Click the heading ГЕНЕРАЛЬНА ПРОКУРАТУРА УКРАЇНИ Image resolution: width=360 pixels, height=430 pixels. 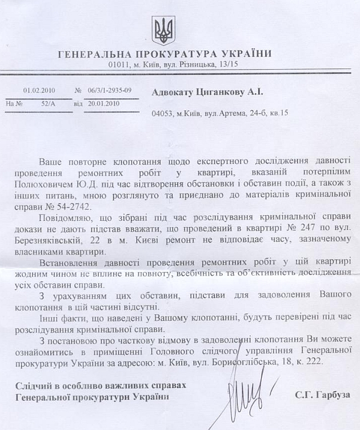click(x=165, y=54)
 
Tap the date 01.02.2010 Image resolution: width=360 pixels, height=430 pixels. click(x=39, y=90)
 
